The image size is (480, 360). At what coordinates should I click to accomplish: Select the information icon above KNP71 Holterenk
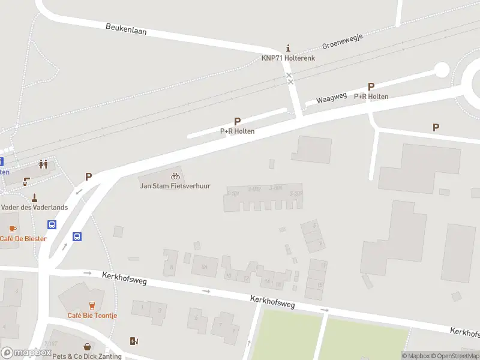(x=289, y=48)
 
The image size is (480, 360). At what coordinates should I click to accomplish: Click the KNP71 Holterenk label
(x=288, y=58)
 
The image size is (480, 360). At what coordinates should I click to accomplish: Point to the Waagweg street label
(x=332, y=98)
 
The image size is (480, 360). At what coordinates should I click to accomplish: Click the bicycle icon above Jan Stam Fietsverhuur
(x=175, y=176)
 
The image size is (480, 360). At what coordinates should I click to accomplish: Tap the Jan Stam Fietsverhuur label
(x=175, y=186)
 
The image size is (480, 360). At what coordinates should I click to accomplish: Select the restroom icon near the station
(x=43, y=163)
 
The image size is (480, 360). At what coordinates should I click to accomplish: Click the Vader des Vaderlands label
(x=34, y=207)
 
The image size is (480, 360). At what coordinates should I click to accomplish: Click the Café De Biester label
(x=23, y=239)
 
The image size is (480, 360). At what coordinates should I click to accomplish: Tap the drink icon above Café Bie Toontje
(x=92, y=305)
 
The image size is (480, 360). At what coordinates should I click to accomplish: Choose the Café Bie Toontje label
(x=92, y=316)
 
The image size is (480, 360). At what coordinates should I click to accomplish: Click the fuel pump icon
(x=134, y=341)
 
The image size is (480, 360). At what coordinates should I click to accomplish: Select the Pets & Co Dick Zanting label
(x=88, y=356)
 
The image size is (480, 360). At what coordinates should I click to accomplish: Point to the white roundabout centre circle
(x=442, y=70)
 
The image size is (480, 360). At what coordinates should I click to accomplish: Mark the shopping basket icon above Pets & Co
(x=88, y=347)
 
